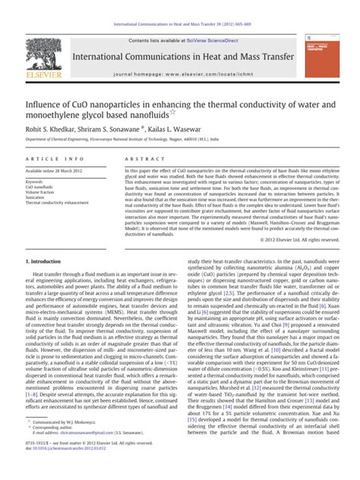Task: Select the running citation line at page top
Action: pos(179,25)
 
